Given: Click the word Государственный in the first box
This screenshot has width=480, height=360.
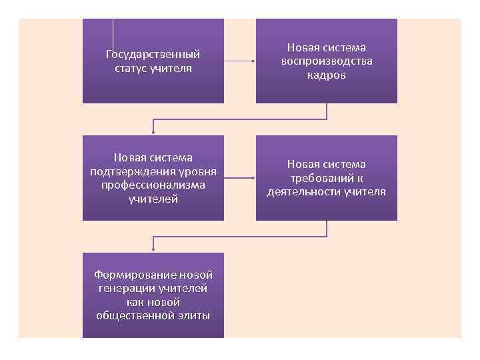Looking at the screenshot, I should coord(153,54).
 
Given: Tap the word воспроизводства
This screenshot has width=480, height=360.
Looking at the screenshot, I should coord(326,61).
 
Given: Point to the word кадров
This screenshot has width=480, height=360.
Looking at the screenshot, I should coord(327,75).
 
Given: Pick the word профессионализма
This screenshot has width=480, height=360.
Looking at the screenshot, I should coord(153,185).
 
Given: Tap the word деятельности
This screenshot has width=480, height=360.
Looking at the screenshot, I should coord(304,192).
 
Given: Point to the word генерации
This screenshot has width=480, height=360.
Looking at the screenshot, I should coord(125,288).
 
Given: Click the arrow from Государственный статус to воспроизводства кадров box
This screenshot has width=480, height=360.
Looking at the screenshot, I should coord(239,61).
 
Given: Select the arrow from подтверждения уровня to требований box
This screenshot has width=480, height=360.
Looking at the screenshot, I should coord(239,178).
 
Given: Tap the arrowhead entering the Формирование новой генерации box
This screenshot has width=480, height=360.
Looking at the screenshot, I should coord(153,249).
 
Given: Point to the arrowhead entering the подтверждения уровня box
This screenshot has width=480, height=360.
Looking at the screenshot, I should coord(153,132).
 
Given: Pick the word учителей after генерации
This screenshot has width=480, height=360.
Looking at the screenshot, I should coord(183,288).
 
